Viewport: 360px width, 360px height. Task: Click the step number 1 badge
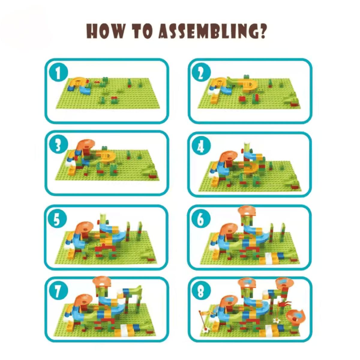(x=58, y=72)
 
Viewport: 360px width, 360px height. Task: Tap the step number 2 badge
(x=201, y=72)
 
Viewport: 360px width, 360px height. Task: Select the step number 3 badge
(x=58, y=144)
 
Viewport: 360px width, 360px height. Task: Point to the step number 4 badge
(x=201, y=146)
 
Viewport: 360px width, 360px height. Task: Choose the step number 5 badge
(x=57, y=219)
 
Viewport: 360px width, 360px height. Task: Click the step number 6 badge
(x=201, y=219)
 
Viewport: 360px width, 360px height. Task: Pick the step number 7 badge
(x=58, y=291)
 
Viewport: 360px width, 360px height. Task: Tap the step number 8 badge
(x=201, y=291)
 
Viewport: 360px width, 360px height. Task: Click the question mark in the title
(x=262, y=31)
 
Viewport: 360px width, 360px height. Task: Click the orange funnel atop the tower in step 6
(x=247, y=211)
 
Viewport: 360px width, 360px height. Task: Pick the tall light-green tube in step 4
(x=247, y=148)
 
